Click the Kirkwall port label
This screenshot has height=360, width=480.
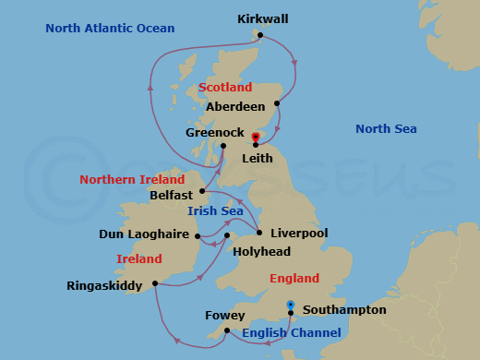pyautogui.click(x=262, y=18)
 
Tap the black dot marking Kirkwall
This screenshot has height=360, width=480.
pyautogui.click(x=261, y=36)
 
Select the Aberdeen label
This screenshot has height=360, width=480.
pyautogui.click(x=235, y=107)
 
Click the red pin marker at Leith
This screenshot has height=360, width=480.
pyautogui.click(x=255, y=138)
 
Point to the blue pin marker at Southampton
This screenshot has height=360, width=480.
pyautogui.click(x=290, y=306)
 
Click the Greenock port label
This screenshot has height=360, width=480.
pyautogui.click(x=214, y=133)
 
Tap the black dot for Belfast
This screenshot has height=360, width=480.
pyautogui.click(x=202, y=192)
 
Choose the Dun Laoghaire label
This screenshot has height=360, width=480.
pyautogui.click(x=145, y=235)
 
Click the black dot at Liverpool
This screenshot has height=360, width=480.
pyautogui.click(x=259, y=233)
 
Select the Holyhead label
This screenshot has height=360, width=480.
pyautogui.click(x=262, y=251)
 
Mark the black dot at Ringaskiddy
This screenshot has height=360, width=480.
pyautogui.click(x=155, y=283)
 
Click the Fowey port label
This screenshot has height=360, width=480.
pyautogui.click(x=224, y=316)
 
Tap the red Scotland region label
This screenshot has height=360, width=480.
pyautogui.click(x=225, y=88)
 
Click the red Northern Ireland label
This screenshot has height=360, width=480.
pyautogui.click(x=126, y=179)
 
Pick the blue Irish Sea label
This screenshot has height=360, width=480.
pyautogui.click(x=215, y=211)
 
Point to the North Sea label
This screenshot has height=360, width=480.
pyautogui.click(x=386, y=129)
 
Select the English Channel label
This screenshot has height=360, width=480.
pyautogui.click(x=292, y=332)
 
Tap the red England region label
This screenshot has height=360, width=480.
pyautogui.click(x=294, y=278)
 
